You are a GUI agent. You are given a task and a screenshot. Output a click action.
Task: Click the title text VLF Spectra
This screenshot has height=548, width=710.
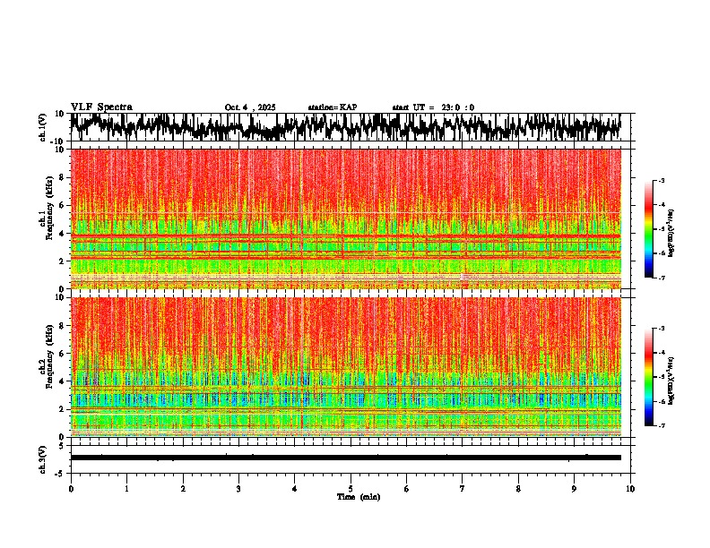100,107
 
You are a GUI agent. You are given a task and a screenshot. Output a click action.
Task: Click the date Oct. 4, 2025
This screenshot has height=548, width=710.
250,107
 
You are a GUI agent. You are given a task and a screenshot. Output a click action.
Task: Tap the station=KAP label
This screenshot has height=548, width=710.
332,107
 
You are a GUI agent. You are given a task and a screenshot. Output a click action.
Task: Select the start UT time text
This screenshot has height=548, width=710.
433,107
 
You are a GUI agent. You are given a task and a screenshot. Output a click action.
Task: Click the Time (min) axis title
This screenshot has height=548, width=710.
358,496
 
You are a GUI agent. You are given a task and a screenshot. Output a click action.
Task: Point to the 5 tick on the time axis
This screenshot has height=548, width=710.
351,488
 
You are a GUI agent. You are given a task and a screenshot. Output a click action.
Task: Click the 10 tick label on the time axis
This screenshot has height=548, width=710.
630,488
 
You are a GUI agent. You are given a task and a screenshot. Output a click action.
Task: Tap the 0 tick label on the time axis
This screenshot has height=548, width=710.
71,488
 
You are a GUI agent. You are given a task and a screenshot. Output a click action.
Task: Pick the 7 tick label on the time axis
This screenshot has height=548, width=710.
463,488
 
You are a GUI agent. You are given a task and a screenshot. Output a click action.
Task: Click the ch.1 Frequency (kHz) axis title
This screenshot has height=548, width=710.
48,219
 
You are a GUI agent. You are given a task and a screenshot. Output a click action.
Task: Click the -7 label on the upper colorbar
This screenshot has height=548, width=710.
661,278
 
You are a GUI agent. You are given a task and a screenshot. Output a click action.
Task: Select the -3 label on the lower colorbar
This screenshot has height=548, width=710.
661,329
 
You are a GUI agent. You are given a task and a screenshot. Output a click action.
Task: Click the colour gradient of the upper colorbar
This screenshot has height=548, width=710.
649,229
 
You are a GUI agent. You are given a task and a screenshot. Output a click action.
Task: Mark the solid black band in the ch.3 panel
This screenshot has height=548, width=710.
345,458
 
